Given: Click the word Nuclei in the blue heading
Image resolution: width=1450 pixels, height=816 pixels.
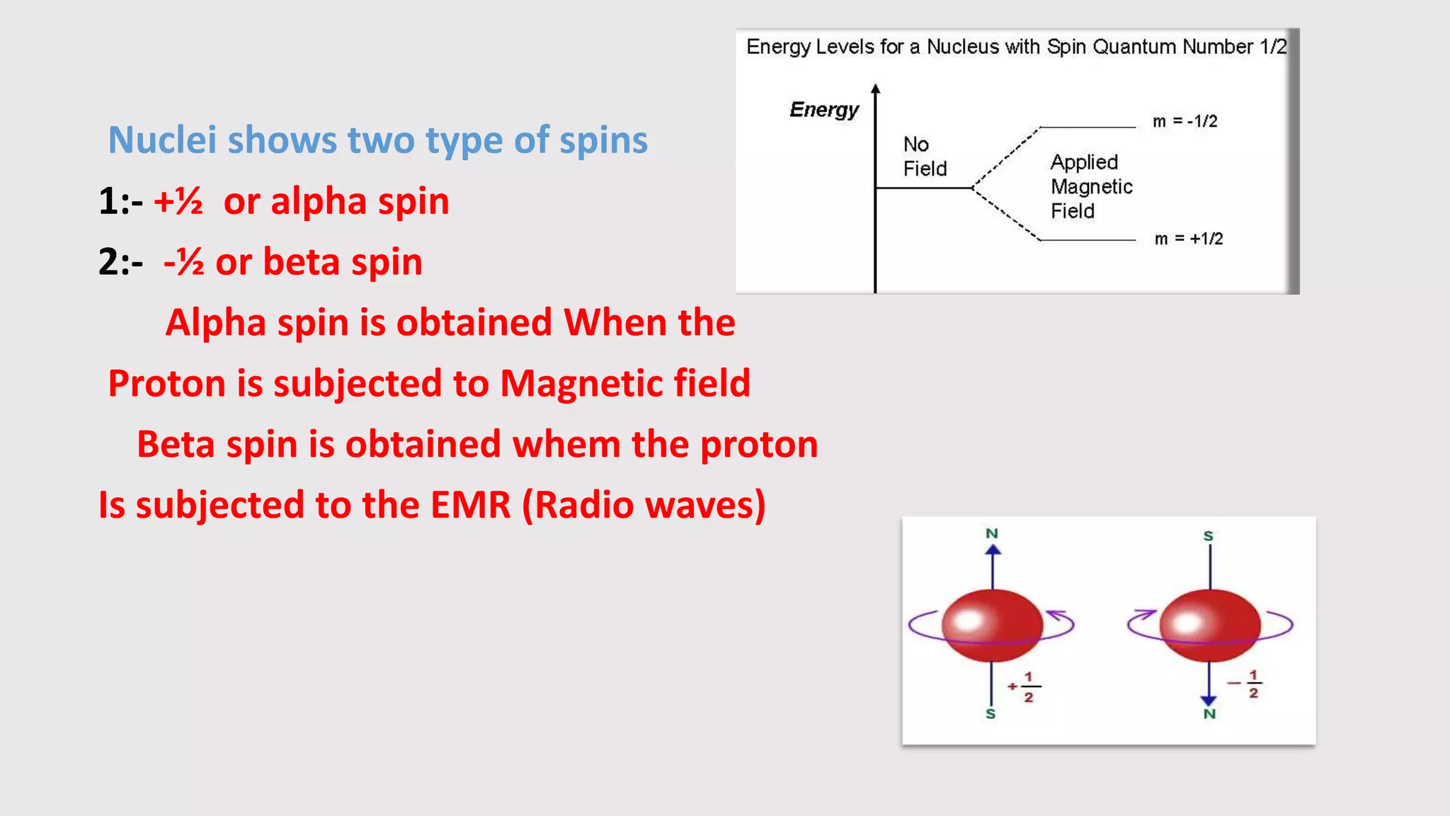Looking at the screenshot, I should pyautogui.click(x=162, y=140).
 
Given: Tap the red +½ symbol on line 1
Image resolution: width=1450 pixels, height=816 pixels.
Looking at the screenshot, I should pyautogui.click(x=178, y=201).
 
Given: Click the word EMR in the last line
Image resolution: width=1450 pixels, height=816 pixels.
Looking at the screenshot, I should pyautogui.click(x=470, y=505).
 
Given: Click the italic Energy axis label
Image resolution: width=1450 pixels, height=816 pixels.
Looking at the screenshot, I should pyautogui.click(x=823, y=110).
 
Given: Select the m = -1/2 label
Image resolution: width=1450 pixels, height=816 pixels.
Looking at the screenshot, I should pyautogui.click(x=1184, y=121).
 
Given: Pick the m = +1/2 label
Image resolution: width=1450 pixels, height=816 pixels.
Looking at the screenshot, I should pyautogui.click(x=1188, y=239).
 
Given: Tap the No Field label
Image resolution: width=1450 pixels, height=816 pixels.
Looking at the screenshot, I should pyautogui.click(x=924, y=157).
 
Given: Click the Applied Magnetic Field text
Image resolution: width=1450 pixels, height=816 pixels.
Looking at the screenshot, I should pyautogui.click(x=1090, y=186).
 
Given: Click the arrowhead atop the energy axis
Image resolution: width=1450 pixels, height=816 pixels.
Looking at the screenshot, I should pyautogui.click(x=876, y=89).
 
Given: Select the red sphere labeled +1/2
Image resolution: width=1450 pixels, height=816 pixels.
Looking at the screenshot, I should pyautogui.click(x=992, y=625).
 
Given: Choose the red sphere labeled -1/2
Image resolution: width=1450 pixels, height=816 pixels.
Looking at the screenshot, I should pyautogui.click(x=1210, y=625).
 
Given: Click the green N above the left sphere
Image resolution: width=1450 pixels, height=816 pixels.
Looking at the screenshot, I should pyautogui.click(x=992, y=533).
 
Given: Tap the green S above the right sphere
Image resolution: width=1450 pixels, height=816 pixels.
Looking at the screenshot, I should pyautogui.click(x=1209, y=536).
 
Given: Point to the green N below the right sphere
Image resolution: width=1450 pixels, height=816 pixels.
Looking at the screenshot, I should pyautogui.click(x=1209, y=714).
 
